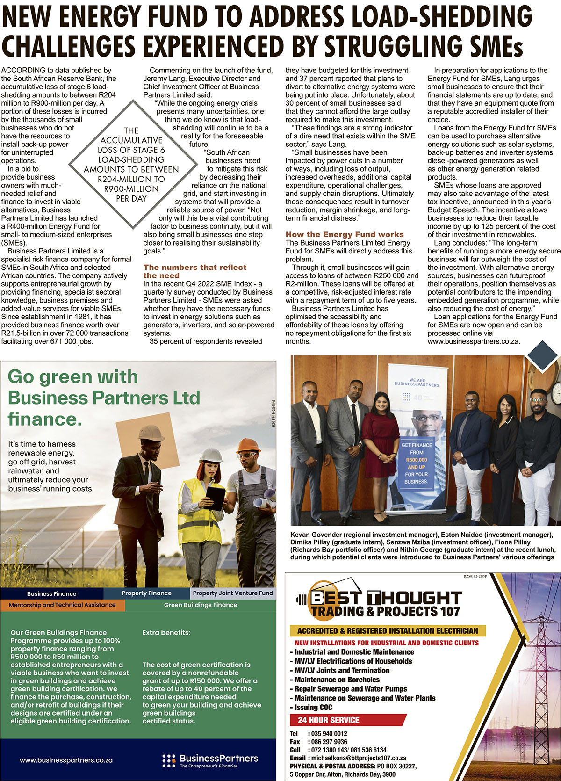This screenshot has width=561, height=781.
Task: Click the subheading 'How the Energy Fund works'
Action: click(x=345, y=234)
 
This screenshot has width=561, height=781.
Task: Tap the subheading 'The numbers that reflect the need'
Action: click(x=194, y=271)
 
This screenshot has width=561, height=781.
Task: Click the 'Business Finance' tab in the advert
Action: click(x=51, y=593)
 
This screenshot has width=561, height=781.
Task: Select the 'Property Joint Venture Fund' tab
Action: click(x=233, y=593)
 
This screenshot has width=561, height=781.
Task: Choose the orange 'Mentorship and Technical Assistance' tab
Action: click(x=62, y=605)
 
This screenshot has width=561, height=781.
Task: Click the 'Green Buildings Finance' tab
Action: click(x=200, y=605)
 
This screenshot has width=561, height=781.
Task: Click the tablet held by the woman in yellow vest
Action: click(x=215, y=498)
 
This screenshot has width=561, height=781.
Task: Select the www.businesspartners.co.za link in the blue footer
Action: click(x=66, y=760)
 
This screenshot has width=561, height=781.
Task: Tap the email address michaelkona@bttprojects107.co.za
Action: click(x=359, y=758)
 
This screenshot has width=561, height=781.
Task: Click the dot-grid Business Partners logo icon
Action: click(x=169, y=760)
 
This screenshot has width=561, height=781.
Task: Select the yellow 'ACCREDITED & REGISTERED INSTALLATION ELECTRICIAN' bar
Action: click(x=388, y=630)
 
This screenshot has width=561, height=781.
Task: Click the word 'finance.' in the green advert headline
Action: click(x=45, y=419)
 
